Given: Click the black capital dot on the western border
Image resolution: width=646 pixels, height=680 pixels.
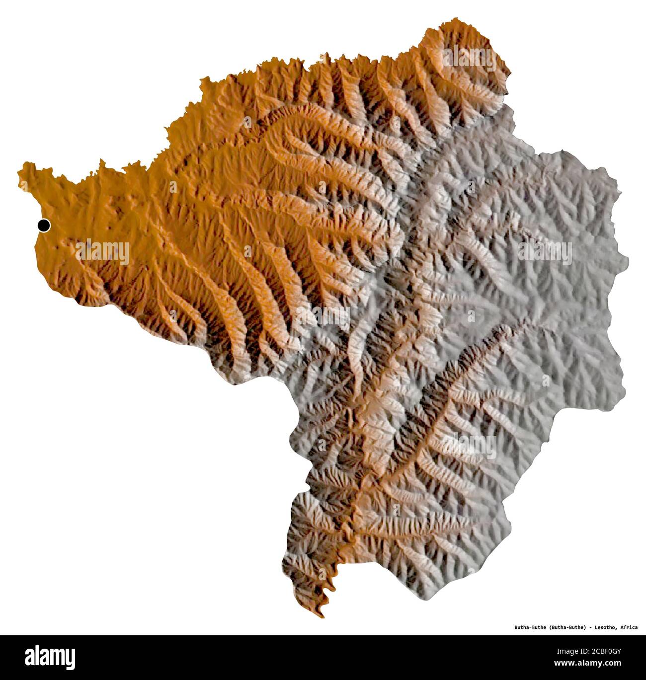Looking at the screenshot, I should click(x=44, y=226).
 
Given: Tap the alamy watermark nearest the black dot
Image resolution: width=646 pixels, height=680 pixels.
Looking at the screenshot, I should click(x=103, y=252).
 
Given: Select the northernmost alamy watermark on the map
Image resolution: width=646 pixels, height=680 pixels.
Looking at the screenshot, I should click(x=469, y=59).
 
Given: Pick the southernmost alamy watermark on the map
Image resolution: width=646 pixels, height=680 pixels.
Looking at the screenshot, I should click(x=469, y=446).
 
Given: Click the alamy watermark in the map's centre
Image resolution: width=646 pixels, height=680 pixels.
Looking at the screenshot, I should click(x=323, y=317).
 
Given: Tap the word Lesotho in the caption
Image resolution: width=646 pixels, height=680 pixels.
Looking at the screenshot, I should click(x=603, y=627).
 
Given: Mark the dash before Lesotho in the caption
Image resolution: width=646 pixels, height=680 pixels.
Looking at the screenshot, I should click(x=590, y=627).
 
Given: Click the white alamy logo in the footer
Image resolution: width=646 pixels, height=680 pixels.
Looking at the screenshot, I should click(x=50, y=657).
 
